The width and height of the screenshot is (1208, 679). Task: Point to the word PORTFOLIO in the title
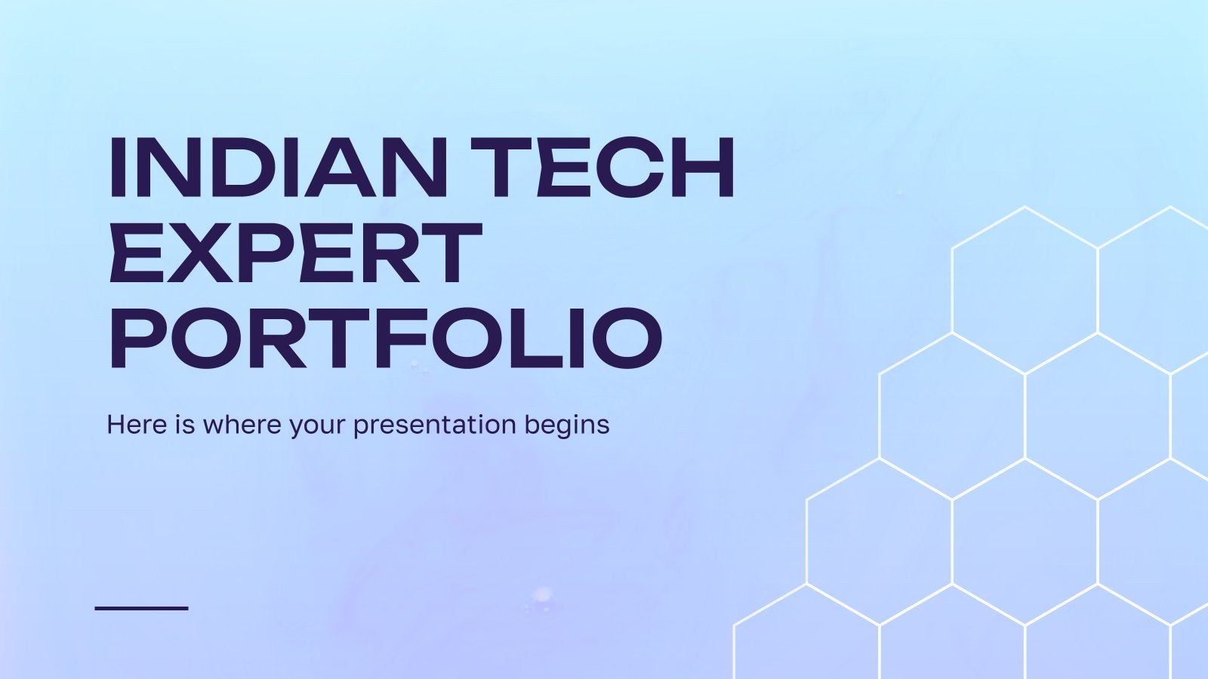click(x=386, y=337)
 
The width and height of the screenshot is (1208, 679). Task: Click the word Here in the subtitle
click(x=136, y=424)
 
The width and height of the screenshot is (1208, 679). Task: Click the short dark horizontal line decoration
click(x=141, y=607)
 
